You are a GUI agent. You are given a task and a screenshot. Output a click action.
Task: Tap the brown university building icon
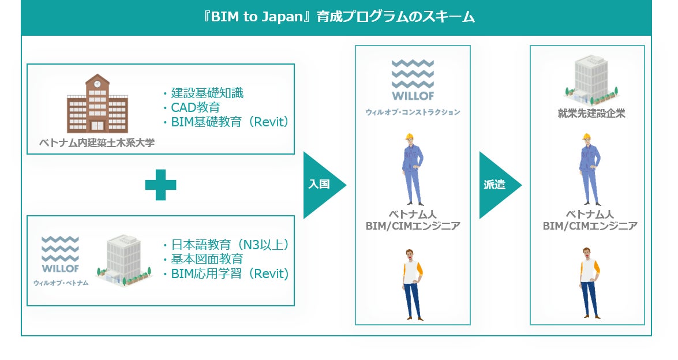tap(97, 104)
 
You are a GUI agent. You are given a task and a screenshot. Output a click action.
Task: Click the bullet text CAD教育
tap(195, 107)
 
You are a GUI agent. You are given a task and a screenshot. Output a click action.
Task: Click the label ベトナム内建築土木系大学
tap(97, 142)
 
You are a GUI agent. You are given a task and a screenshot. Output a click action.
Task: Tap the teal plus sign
tap(160, 185)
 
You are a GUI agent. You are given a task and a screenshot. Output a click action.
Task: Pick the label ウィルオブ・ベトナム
tap(61, 283)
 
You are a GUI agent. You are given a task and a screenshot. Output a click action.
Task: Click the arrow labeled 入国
tap(322, 185)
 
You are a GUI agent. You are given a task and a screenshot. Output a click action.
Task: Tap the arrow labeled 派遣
tap(497, 185)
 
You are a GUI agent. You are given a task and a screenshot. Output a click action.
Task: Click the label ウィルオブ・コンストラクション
tap(413, 112)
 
